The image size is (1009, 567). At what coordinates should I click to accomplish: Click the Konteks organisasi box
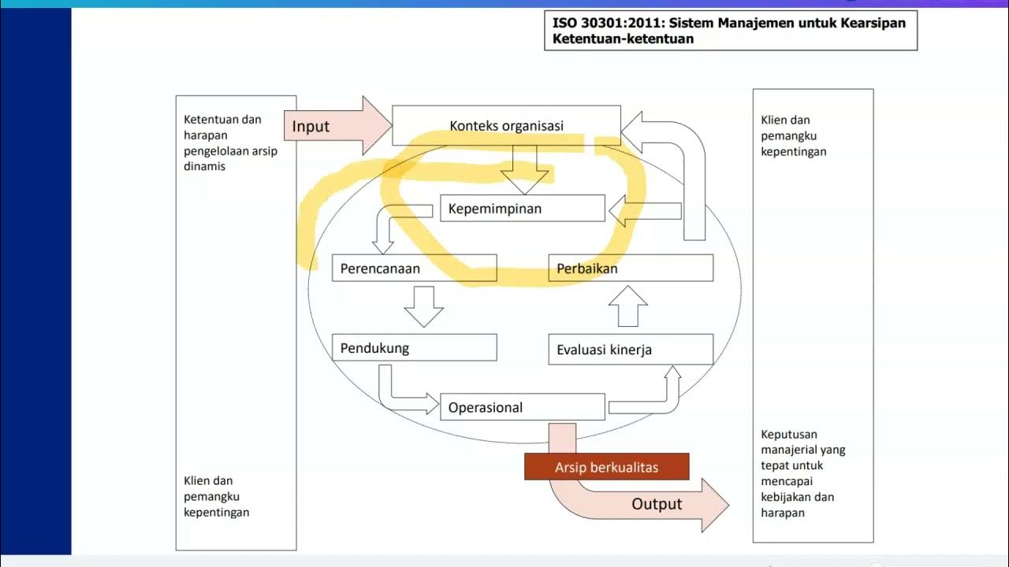point(506,126)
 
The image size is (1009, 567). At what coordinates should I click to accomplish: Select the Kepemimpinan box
point(522,209)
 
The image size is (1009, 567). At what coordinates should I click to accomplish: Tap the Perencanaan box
point(414,269)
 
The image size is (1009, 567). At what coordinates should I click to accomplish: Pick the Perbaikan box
point(631,269)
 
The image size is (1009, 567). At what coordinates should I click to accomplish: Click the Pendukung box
point(414,348)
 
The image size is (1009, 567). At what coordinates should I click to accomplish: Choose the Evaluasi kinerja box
point(631,350)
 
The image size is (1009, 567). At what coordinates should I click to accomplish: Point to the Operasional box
point(522,407)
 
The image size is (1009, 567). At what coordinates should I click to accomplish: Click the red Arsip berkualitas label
point(606,467)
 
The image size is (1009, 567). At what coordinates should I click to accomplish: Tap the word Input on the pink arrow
point(311,126)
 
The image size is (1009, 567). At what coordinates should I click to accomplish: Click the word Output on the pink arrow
point(657,504)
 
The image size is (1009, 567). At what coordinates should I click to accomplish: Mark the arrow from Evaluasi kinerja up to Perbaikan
point(627,306)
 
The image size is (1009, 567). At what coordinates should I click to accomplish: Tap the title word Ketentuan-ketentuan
point(624,39)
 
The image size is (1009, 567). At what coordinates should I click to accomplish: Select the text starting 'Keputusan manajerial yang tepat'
point(802,473)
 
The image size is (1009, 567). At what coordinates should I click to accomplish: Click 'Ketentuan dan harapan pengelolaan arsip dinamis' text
point(230,143)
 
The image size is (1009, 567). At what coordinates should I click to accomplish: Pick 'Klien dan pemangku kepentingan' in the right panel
point(793,135)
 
